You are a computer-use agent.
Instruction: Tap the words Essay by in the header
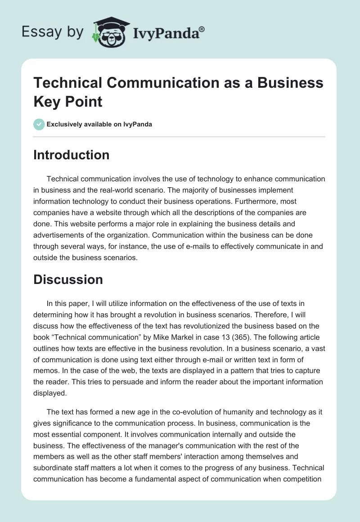click(53, 31)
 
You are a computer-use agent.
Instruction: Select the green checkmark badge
click(39, 124)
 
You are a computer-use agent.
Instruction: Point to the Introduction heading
click(72, 155)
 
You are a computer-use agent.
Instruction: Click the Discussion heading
click(68, 279)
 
